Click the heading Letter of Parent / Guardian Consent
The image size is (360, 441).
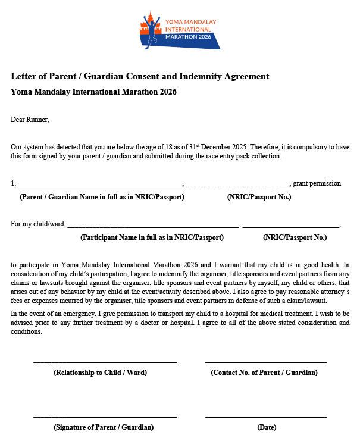coord(140,76)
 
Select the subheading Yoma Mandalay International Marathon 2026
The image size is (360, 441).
coord(93,92)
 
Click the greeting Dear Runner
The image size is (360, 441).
coord(30,120)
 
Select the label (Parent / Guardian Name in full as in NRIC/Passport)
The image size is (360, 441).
coord(102,197)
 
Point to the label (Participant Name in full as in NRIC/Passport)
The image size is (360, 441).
coord(152,237)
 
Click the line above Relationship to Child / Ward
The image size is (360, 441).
coord(105,362)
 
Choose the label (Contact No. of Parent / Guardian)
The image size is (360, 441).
coord(264,373)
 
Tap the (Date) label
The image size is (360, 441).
coord(267,427)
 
